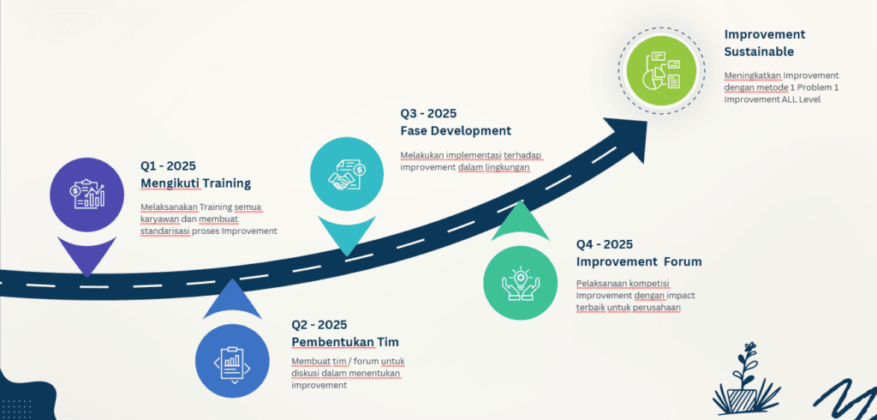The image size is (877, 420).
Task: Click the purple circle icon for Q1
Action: pos(87,195)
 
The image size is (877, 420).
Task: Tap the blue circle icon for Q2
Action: pos(232,361)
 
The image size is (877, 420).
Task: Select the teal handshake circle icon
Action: pos(347,174)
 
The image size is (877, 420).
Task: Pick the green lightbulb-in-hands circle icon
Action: pos(520,282)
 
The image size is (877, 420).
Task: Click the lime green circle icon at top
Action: pos(661,70)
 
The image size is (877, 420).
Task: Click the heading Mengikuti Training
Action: pos(196,183)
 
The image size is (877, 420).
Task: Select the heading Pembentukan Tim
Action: pos(345,342)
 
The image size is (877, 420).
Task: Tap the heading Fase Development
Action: pos(456,131)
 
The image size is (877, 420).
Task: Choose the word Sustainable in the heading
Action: pos(759,51)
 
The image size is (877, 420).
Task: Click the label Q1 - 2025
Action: pos(169,165)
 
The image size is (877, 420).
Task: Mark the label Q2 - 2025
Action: pos(319,324)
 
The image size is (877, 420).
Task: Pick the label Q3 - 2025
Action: pos(428,114)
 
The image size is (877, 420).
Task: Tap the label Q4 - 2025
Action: pos(605,244)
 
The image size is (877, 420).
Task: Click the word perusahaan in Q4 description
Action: pos(657,308)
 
